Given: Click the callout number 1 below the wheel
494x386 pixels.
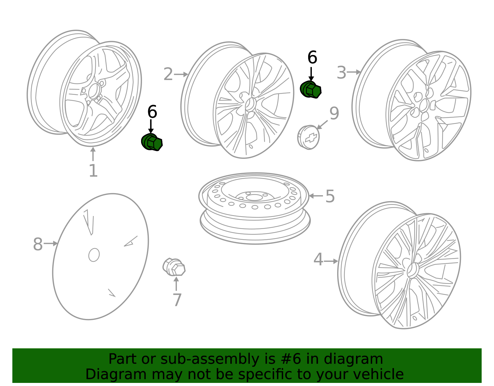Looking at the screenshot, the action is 94,171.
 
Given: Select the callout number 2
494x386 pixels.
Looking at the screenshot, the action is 168,74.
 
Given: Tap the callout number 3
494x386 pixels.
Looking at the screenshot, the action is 341,73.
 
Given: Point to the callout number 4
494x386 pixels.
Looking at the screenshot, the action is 318,259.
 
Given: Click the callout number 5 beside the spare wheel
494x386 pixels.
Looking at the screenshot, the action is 330,196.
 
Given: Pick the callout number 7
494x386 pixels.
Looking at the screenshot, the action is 177,299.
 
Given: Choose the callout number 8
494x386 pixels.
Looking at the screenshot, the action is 38,244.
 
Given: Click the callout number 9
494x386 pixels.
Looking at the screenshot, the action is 334,113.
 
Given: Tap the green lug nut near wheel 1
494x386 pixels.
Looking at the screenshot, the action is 152,142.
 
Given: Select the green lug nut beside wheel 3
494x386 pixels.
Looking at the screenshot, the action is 311,90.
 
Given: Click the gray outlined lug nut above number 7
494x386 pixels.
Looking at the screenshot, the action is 174,267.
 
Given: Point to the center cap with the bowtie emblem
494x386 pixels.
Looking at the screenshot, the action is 308,138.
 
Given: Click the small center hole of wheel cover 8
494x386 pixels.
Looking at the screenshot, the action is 94,255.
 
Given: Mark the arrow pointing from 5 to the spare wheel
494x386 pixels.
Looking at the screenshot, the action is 316,196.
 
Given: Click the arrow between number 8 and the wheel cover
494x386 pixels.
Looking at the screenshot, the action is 50,244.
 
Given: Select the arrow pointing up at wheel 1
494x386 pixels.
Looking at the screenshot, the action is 93,154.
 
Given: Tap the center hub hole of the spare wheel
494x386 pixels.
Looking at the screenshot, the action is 254,197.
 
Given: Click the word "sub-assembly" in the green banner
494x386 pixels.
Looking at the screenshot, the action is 210,359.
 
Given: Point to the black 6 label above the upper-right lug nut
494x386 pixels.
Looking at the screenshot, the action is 312,57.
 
